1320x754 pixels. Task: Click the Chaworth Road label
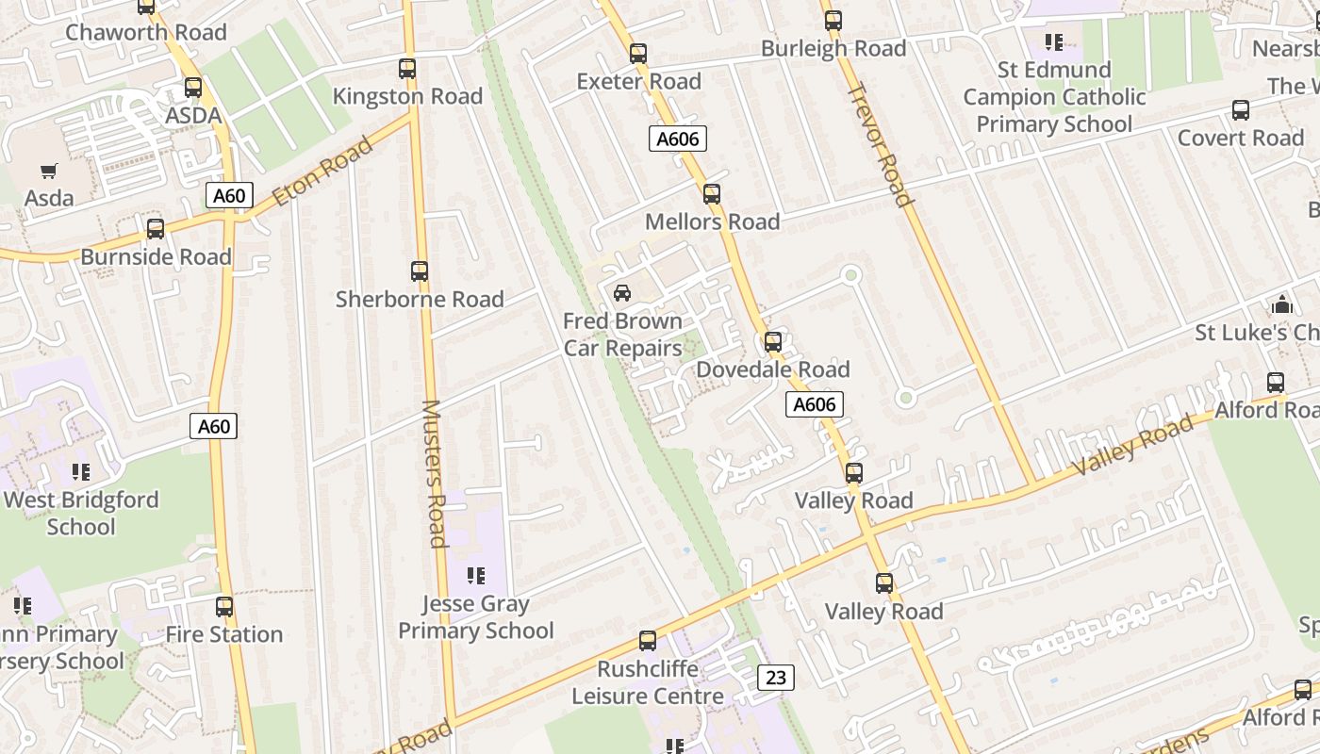[x=145, y=32]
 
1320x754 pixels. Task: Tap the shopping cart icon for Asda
[x=49, y=172]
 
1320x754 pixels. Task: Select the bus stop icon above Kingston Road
[x=407, y=69]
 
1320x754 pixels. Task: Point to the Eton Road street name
[x=323, y=172]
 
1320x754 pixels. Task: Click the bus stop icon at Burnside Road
[x=156, y=229]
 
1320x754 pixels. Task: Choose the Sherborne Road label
[x=420, y=300]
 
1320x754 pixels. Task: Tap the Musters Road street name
[x=433, y=473]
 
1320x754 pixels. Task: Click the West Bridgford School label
[x=81, y=513]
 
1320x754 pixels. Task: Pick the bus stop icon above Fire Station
[x=224, y=607]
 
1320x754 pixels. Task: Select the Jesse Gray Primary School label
[x=475, y=617]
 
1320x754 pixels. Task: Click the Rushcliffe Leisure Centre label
[x=648, y=682]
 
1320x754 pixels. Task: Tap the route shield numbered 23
[x=775, y=677]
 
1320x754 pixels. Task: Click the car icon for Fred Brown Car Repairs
[x=622, y=293]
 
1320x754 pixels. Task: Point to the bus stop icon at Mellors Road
[x=712, y=194]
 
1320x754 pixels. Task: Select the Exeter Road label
[x=638, y=82]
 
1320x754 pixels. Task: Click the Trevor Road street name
[x=881, y=144]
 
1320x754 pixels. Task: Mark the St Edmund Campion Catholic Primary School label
[x=1054, y=97]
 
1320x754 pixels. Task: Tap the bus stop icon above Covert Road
[x=1241, y=110]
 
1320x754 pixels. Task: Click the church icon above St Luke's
[x=1281, y=304]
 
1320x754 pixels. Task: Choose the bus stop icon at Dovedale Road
[x=773, y=342]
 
